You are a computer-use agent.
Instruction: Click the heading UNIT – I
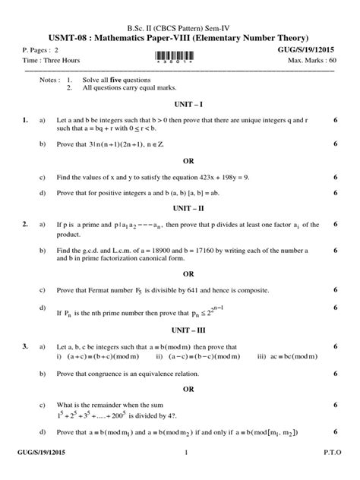point(180,102)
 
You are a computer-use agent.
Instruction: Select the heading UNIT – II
point(180,206)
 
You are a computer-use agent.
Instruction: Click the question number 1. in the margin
point(26,119)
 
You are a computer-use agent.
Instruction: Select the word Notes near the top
point(48,79)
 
